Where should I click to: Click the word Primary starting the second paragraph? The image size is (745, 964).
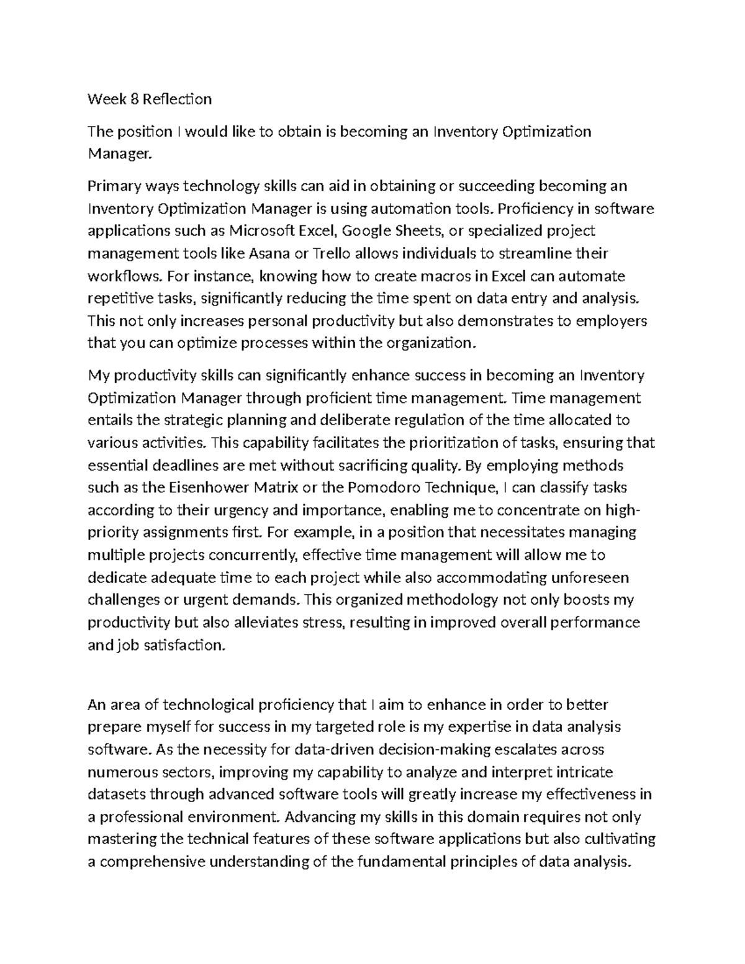click(x=114, y=186)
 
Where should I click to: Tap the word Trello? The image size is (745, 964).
click(x=331, y=253)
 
